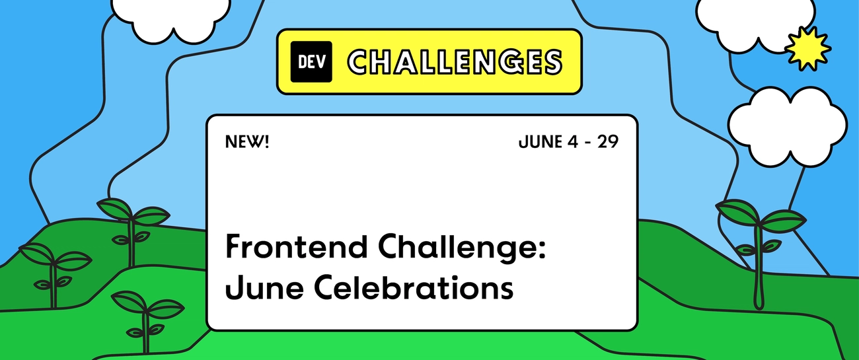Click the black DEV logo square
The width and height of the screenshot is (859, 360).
(311, 61)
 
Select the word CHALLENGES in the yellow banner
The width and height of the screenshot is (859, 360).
(455, 62)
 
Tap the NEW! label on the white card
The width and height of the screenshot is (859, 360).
(247, 141)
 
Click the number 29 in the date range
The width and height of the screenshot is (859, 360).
(608, 142)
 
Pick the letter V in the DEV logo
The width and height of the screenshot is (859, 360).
(322, 61)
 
